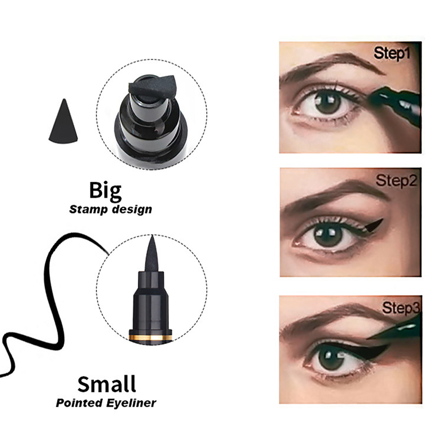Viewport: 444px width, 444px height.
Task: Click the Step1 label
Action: tap(392, 54)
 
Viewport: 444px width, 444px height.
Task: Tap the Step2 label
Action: tap(396, 181)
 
